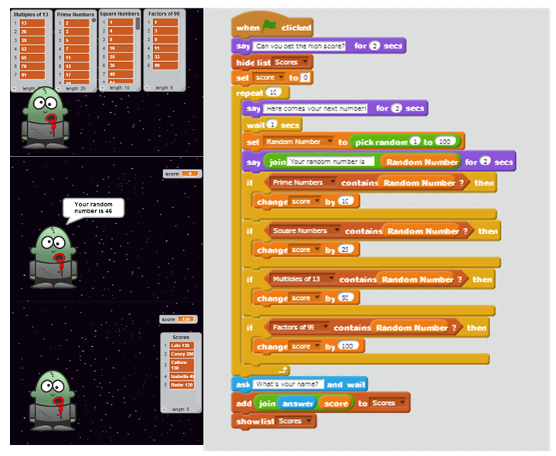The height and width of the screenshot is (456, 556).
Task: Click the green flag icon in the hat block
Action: pyautogui.click(x=268, y=28)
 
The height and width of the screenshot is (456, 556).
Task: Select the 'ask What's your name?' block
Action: pyautogui.click(x=244, y=384)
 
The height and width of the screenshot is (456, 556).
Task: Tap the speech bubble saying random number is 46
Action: pyautogui.click(x=92, y=209)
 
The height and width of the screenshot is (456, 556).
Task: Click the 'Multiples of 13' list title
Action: pyautogui.click(x=31, y=14)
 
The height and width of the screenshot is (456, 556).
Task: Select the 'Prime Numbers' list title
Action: pyautogui.click(x=75, y=14)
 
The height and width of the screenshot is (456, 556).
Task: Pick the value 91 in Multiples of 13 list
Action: pyautogui.click(x=35, y=75)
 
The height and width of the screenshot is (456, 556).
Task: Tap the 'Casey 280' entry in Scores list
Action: pyautogui.click(x=183, y=354)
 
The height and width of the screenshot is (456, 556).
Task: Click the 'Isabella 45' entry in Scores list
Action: pyautogui.click(x=183, y=376)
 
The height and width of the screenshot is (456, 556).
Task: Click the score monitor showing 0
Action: pyautogui.click(x=182, y=174)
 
